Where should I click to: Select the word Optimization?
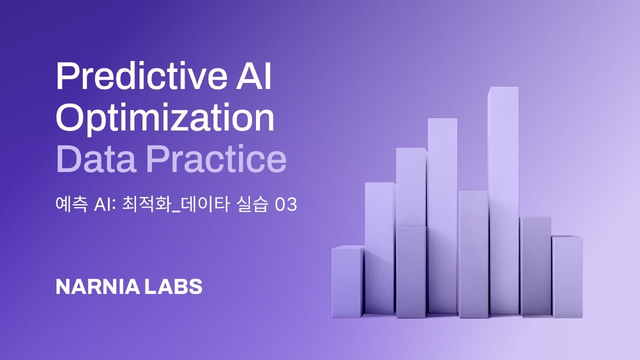tap(165, 118)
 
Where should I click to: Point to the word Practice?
tap(216, 160)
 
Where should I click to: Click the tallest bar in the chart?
tap(503, 200)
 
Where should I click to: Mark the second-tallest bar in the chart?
tap(442, 215)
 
